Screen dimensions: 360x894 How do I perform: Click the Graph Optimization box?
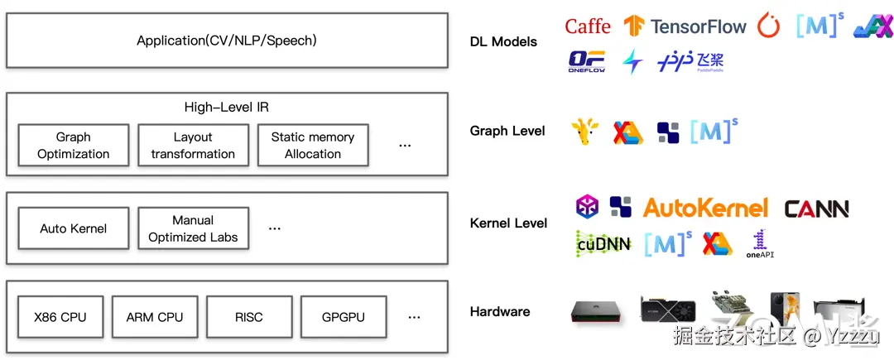(x=73, y=146)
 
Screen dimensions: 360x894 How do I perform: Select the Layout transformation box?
(x=193, y=146)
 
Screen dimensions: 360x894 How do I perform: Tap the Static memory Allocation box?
(x=313, y=146)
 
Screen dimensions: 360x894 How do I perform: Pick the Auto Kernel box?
(x=73, y=228)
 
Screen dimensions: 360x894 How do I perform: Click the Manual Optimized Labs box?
(x=193, y=228)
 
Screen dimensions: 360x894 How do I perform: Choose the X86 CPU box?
(x=60, y=317)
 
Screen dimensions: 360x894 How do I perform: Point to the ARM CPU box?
(x=155, y=317)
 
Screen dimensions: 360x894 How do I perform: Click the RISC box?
(x=248, y=317)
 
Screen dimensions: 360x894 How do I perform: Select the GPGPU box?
(x=343, y=317)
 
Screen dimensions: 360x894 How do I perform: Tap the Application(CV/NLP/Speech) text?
(x=227, y=40)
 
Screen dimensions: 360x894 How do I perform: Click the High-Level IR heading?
(x=227, y=108)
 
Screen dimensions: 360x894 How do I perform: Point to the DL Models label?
(x=503, y=41)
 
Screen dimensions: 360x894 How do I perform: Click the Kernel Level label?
(x=508, y=223)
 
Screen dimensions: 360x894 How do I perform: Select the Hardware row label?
(x=500, y=312)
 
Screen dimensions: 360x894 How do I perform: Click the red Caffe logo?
(x=588, y=26)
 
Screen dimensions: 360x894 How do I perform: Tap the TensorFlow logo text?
(x=699, y=26)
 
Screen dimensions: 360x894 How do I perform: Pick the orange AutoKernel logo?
(x=705, y=208)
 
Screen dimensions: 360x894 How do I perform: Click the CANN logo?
(x=816, y=209)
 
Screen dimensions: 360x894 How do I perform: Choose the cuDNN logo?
(x=603, y=243)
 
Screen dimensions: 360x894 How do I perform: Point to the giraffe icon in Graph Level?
(x=585, y=132)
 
